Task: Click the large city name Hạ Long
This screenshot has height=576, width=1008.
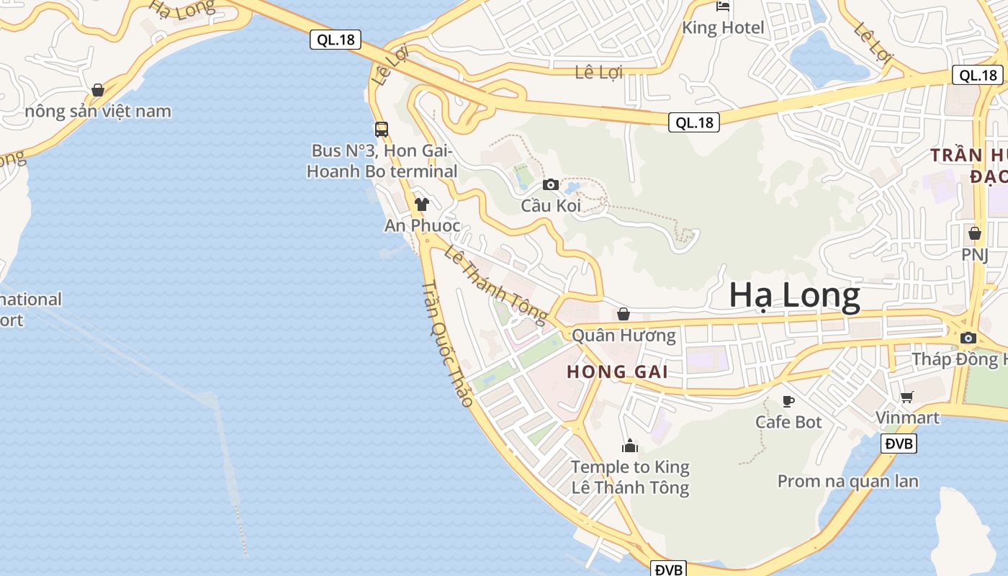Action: pos(794,296)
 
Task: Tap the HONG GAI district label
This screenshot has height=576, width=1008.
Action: pos(617,372)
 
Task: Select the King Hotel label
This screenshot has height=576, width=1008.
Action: pos(723,28)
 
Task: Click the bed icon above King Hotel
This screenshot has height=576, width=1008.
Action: pos(723,6)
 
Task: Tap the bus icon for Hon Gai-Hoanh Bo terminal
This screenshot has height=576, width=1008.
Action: pos(382,130)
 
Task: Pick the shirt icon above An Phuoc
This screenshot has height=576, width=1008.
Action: pos(422,204)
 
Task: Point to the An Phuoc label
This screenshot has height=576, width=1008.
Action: pos(422,225)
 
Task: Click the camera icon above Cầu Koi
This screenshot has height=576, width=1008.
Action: pos(551,184)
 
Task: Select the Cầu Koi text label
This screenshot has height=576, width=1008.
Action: pos(551,206)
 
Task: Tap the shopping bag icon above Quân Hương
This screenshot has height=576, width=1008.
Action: pos(624,314)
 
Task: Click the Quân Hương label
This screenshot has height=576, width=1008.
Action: pos(624,336)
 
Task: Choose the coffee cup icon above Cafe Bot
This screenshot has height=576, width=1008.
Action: pos(788,400)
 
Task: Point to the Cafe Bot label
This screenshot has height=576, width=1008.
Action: pos(788,422)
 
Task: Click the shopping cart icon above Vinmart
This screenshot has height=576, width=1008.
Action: pos(907,397)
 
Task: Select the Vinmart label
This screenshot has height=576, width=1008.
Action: pos(907,418)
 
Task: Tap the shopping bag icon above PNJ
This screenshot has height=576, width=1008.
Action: pos(975,233)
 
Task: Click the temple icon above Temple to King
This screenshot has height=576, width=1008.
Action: pos(630,446)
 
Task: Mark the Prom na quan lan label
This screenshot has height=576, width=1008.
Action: pos(847,481)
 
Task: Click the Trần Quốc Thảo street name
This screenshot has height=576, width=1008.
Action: pos(447,343)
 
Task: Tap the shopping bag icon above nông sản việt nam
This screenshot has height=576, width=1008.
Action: pos(98,90)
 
